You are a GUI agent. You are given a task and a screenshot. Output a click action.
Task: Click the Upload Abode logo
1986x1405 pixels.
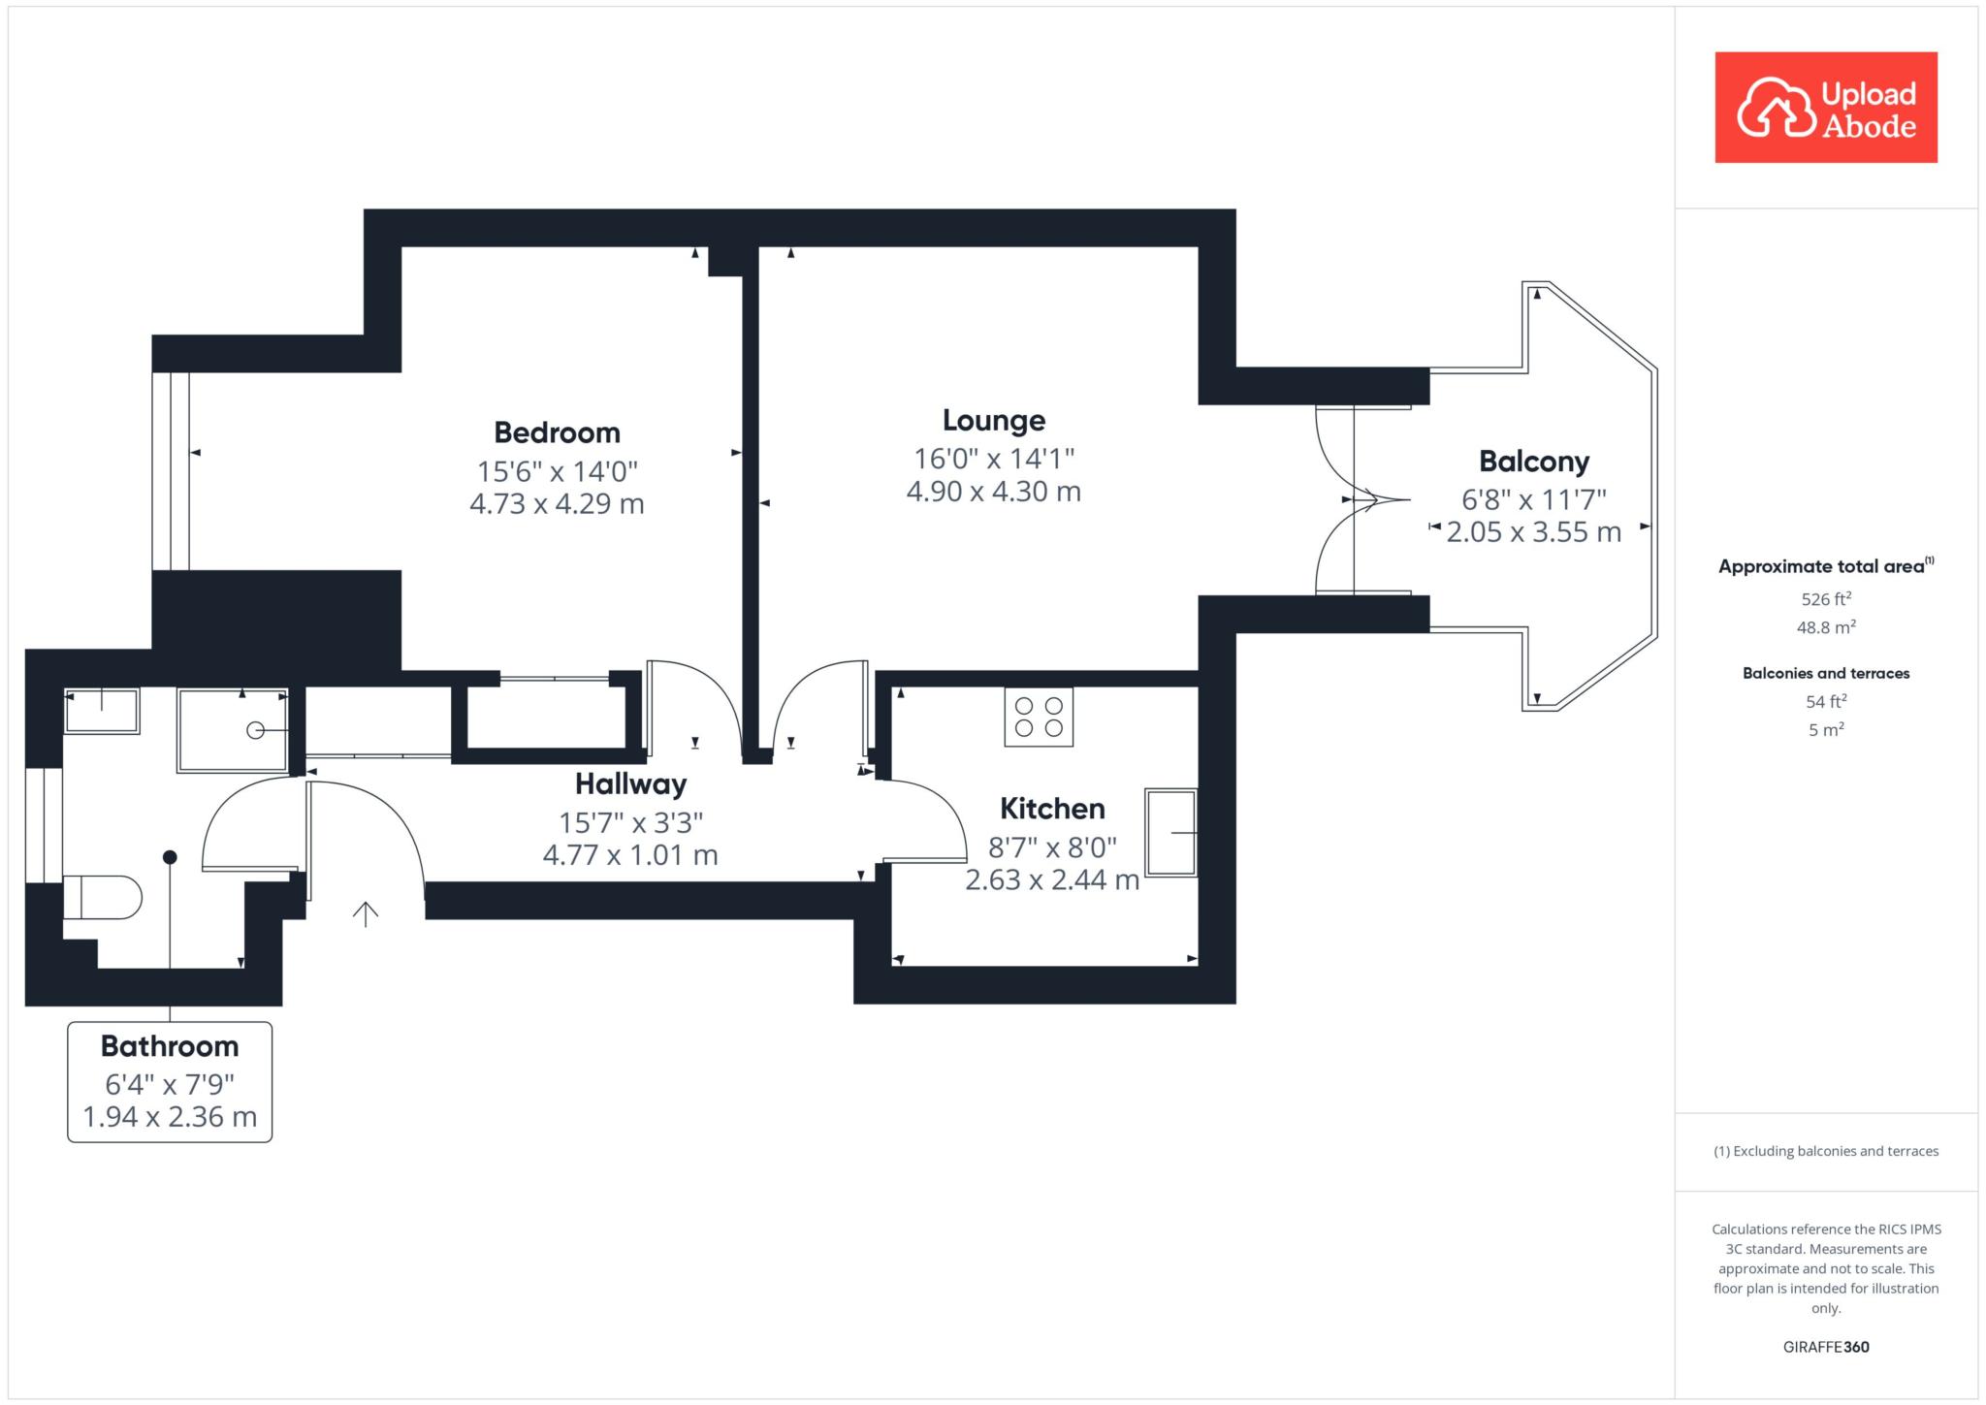[1826, 108]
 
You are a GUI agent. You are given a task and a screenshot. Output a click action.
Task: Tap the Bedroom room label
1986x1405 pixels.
[557, 432]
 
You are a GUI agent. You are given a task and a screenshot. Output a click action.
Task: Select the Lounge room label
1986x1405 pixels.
[994, 420]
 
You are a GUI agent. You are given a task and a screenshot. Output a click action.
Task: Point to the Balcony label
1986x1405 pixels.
[1534, 462]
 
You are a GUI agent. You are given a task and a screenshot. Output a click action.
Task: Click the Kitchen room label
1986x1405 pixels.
[1052, 808]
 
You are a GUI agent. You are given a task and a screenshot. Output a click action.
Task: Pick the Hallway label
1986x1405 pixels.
[630, 783]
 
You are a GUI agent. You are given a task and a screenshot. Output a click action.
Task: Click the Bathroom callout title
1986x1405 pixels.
[170, 1046]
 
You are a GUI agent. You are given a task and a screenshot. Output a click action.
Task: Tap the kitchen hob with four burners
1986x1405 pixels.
[1039, 717]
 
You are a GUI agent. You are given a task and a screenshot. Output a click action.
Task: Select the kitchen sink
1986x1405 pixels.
[1171, 833]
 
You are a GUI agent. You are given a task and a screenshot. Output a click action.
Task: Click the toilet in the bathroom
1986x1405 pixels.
[102, 897]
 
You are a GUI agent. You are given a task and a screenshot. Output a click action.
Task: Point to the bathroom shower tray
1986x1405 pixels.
[233, 730]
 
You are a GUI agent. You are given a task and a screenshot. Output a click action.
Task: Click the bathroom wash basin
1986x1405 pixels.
[102, 711]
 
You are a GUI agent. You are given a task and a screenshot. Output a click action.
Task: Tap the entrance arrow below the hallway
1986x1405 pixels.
[366, 914]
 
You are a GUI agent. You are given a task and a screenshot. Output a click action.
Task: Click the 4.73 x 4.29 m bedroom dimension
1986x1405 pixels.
[557, 504]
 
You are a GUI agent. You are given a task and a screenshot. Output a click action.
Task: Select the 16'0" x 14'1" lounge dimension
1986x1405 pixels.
[994, 458]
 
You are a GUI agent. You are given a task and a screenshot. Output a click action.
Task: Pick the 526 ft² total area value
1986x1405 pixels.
[1826, 599]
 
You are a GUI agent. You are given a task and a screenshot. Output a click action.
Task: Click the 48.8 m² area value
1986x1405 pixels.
[1826, 627]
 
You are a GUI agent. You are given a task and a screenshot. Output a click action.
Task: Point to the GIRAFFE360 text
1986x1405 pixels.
[1826, 1347]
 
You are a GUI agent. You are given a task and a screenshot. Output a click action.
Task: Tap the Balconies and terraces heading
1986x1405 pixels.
[1826, 673]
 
